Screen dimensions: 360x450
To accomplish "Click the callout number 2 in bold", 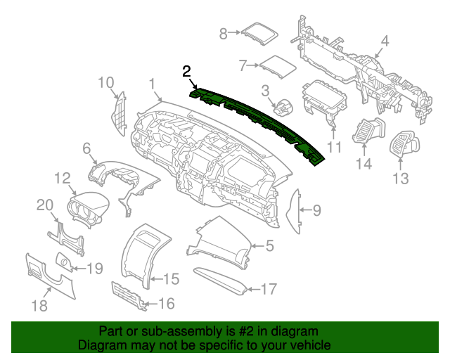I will pyautogui.click(x=186, y=71).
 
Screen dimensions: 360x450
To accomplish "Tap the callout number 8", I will pyautogui.click(x=224, y=33).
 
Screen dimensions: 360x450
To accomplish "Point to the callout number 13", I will pyautogui.click(x=400, y=179).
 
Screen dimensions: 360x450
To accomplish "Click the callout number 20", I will pyautogui.click(x=45, y=205).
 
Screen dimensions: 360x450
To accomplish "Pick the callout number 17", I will pyautogui.click(x=269, y=288).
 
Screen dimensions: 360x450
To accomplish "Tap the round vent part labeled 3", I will pyautogui.click(x=283, y=108).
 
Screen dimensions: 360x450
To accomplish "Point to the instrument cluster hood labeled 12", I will pyautogui.click(x=89, y=207).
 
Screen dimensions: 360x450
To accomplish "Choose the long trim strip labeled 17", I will pyautogui.click(x=221, y=279).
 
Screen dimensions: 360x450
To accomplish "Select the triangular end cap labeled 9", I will pyautogui.click(x=295, y=210).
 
